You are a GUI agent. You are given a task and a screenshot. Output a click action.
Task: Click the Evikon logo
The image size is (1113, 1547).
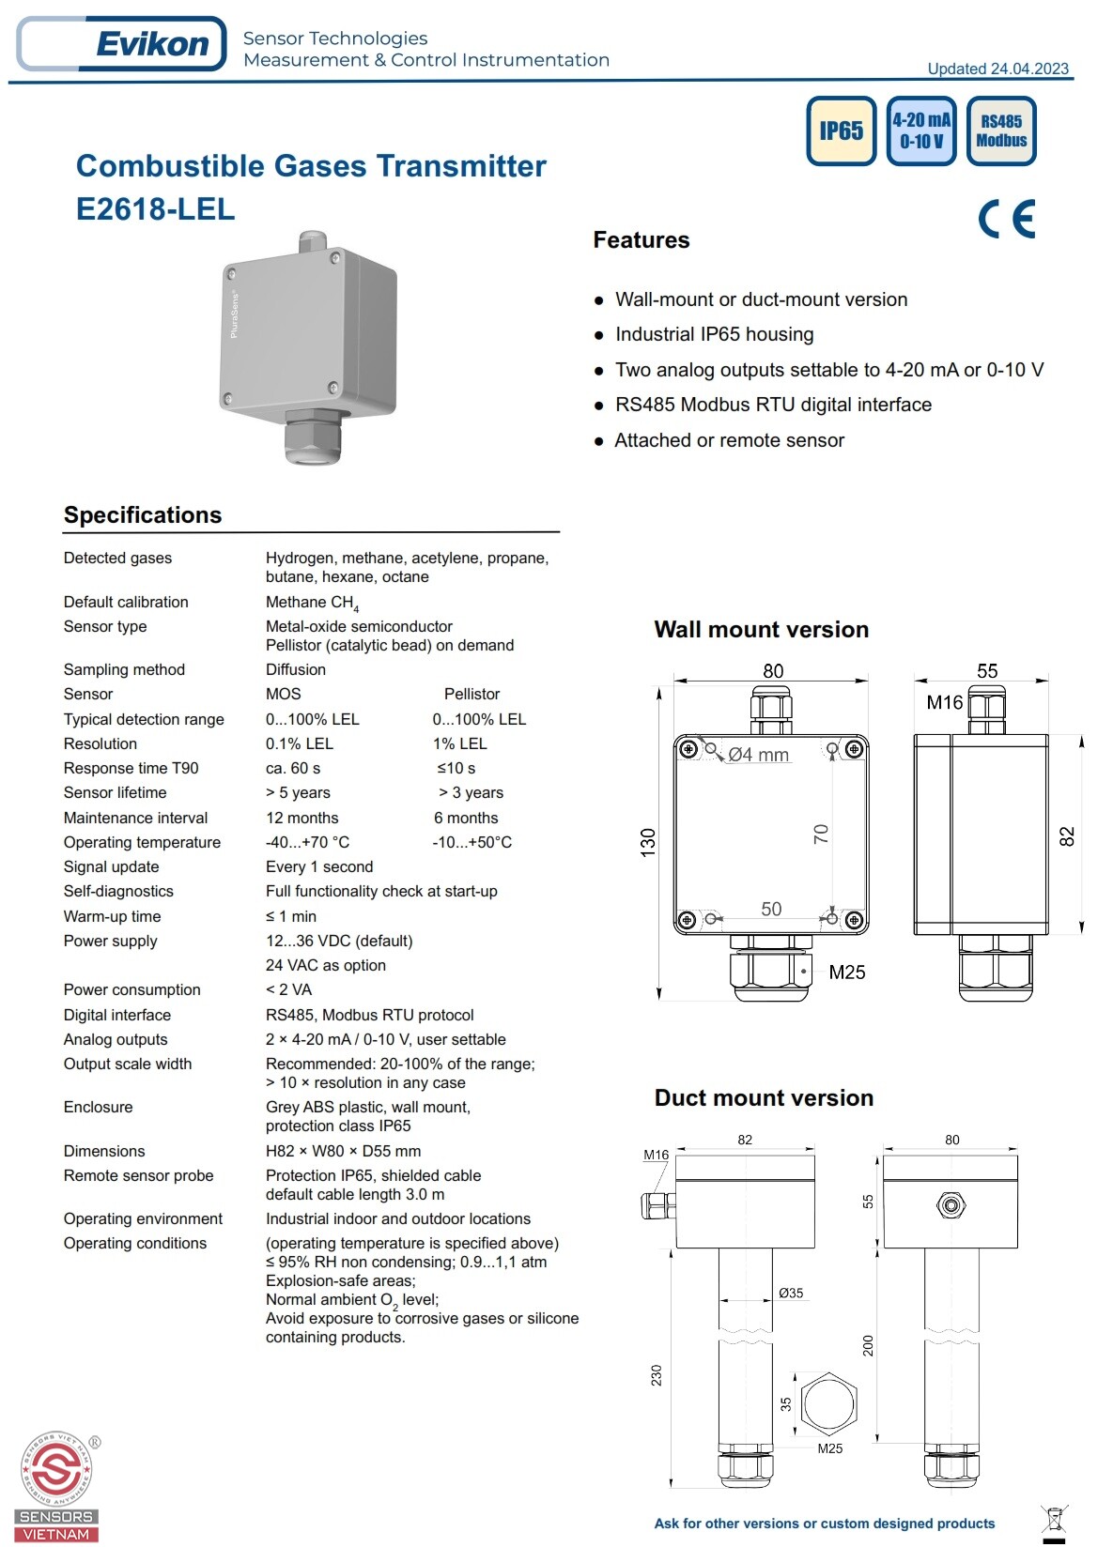pyautogui.click(x=122, y=44)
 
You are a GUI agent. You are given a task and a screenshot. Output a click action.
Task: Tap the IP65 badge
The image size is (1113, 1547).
pyautogui.click(x=841, y=130)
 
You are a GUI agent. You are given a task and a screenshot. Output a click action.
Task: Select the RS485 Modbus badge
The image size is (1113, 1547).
pyautogui.click(x=1001, y=130)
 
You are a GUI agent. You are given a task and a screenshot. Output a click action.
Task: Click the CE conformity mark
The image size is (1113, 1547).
pyautogui.click(x=1006, y=219)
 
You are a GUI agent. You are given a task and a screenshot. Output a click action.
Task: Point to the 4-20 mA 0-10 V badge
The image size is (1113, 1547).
pyautogui.click(x=920, y=130)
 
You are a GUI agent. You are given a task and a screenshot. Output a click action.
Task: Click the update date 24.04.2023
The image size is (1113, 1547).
pyautogui.click(x=997, y=69)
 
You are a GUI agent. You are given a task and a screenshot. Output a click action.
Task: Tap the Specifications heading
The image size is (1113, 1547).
pyautogui.click(x=143, y=514)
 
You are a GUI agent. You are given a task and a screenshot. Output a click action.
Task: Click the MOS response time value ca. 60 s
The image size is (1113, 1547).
pyautogui.click(x=292, y=768)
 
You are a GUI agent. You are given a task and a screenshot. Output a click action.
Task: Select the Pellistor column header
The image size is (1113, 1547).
pyautogui.click(x=471, y=694)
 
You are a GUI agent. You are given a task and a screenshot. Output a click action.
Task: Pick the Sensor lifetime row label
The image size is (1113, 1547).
pyautogui.click(x=115, y=792)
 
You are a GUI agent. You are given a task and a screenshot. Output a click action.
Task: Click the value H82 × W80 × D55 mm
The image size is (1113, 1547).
pyautogui.click(x=343, y=1151)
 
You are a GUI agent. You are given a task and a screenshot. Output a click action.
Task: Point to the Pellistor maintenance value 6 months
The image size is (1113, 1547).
pyautogui.click(x=466, y=818)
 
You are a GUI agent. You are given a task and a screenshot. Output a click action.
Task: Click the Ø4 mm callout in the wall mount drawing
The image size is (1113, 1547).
pyautogui.click(x=758, y=755)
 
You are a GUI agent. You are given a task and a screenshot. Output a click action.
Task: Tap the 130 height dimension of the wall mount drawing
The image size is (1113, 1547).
pyautogui.click(x=648, y=842)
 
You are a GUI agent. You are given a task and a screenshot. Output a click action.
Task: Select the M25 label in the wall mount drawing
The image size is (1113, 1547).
pyautogui.click(x=846, y=973)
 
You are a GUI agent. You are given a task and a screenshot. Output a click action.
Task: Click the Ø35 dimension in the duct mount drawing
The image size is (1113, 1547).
pyautogui.click(x=791, y=1293)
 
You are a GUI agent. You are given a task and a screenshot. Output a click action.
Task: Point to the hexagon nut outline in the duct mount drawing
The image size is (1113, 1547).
pyautogui.click(x=827, y=1402)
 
